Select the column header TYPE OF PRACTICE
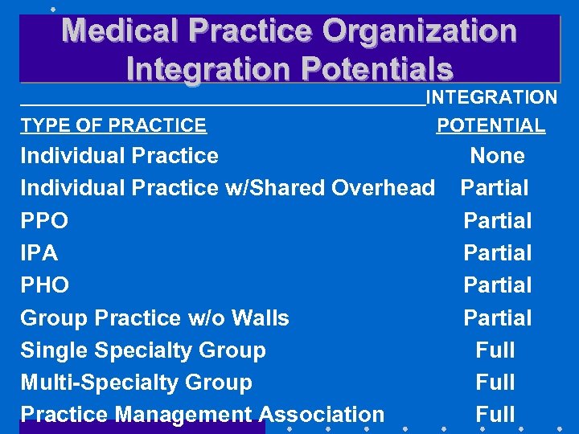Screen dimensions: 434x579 coord(113,125)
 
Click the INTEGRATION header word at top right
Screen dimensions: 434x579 coord(491,98)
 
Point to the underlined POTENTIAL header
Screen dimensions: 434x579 coord(491,125)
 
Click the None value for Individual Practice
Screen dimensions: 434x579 coord(497,156)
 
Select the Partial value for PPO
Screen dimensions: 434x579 coord(497,220)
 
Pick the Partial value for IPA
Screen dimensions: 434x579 coord(497,253)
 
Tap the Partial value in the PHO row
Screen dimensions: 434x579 coord(497,285)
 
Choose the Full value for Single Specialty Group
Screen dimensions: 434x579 coord(495,350)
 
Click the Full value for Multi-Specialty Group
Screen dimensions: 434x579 coord(495,383)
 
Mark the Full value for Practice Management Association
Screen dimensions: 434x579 coord(495,415)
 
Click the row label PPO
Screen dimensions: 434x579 coord(44,221)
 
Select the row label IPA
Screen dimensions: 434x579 coord(39,253)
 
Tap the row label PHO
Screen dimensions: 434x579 coord(45,285)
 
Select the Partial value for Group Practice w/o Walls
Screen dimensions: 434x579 coord(497,318)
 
